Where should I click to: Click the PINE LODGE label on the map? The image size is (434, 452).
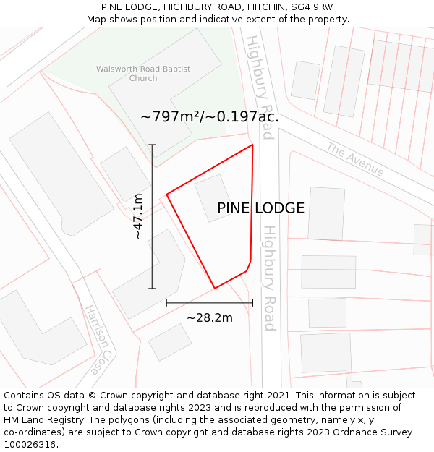[260, 208]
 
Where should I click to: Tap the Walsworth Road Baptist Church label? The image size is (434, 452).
[143, 73]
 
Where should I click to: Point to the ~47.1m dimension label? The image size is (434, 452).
[137, 216]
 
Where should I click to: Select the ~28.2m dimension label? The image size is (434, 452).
[210, 317]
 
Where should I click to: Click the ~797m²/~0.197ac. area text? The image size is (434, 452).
[210, 116]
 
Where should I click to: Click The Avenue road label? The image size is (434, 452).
[355, 159]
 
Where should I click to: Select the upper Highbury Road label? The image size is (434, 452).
[259, 87]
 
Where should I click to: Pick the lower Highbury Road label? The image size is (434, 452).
[269, 278]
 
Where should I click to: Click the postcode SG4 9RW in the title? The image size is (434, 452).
[322, 7]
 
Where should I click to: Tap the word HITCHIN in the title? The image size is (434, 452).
[267, 7]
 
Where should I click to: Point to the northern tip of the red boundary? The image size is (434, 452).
[252, 145]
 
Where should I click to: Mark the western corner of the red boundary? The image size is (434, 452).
[167, 194]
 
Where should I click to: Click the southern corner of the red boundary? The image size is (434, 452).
[215, 288]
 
